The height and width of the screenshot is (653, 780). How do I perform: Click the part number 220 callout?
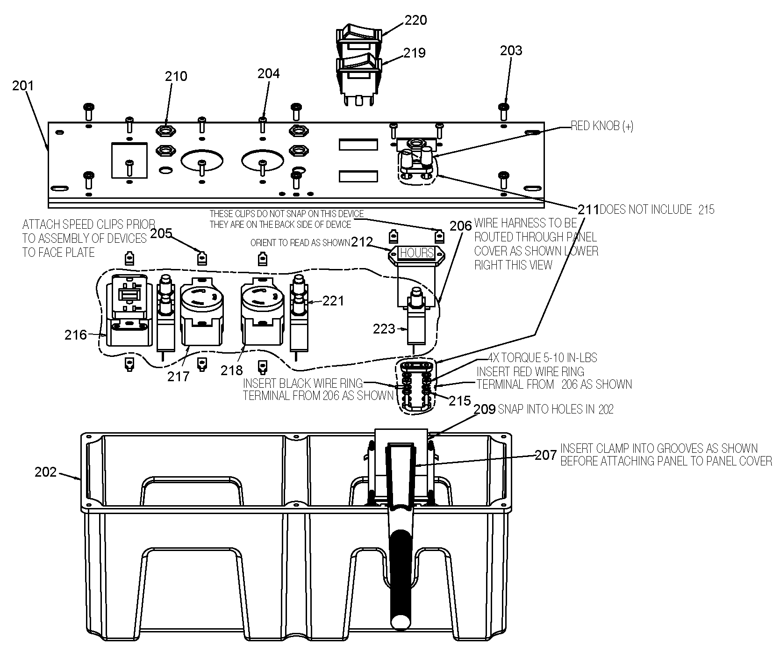[x=415, y=20]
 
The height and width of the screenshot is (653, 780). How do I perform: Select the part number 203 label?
[x=511, y=51]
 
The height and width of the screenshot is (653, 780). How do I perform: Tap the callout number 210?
[x=176, y=76]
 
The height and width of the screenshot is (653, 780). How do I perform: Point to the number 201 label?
[x=23, y=86]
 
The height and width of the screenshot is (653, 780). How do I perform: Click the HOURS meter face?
[x=417, y=253]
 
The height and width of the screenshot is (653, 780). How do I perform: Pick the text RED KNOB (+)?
[x=602, y=126]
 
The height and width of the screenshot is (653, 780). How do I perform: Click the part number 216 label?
[x=76, y=334]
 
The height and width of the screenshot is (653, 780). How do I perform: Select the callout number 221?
[x=333, y=300]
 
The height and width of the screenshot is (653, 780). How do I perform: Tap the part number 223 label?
[x=384, y=329]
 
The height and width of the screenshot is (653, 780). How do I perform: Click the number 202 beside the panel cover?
[x=46, y=472]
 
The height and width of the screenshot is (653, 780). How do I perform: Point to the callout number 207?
[x=546, y=455]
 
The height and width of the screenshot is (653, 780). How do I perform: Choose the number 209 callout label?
[x=485, y=409]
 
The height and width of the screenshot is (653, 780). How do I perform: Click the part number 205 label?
[x=162, y=233]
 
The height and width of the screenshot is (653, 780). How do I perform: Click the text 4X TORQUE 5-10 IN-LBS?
[x=542, y=358]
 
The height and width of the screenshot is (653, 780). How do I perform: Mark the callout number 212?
[x=362, y=242]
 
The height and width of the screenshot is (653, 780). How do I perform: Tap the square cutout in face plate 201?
[x=129, y=160]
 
